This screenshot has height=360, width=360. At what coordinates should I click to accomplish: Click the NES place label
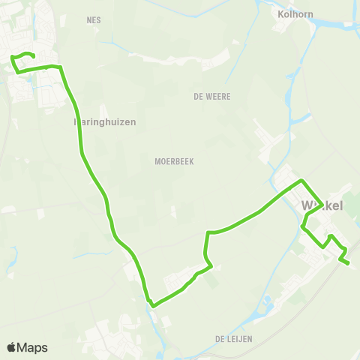click(x=94, y=21)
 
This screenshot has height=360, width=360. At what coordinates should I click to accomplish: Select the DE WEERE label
click(x=211, y=96)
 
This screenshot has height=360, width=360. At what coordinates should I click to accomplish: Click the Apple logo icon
click(x=12, y=347)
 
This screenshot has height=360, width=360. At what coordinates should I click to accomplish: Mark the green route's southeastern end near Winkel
click(x=349, y=262)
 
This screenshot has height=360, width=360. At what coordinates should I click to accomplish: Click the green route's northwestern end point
click(x=34, y=55)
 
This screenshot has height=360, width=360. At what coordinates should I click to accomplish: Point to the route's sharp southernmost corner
click(x=152, y=305)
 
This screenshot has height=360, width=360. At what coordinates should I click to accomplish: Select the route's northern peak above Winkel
click(x=301, y=181)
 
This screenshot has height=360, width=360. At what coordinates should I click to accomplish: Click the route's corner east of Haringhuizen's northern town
click(x=61, y=67)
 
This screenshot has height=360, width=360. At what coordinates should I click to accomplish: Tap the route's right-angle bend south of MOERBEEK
click(x=207, y=233)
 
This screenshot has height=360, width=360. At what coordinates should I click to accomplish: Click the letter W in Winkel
click(x=306, y=205)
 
